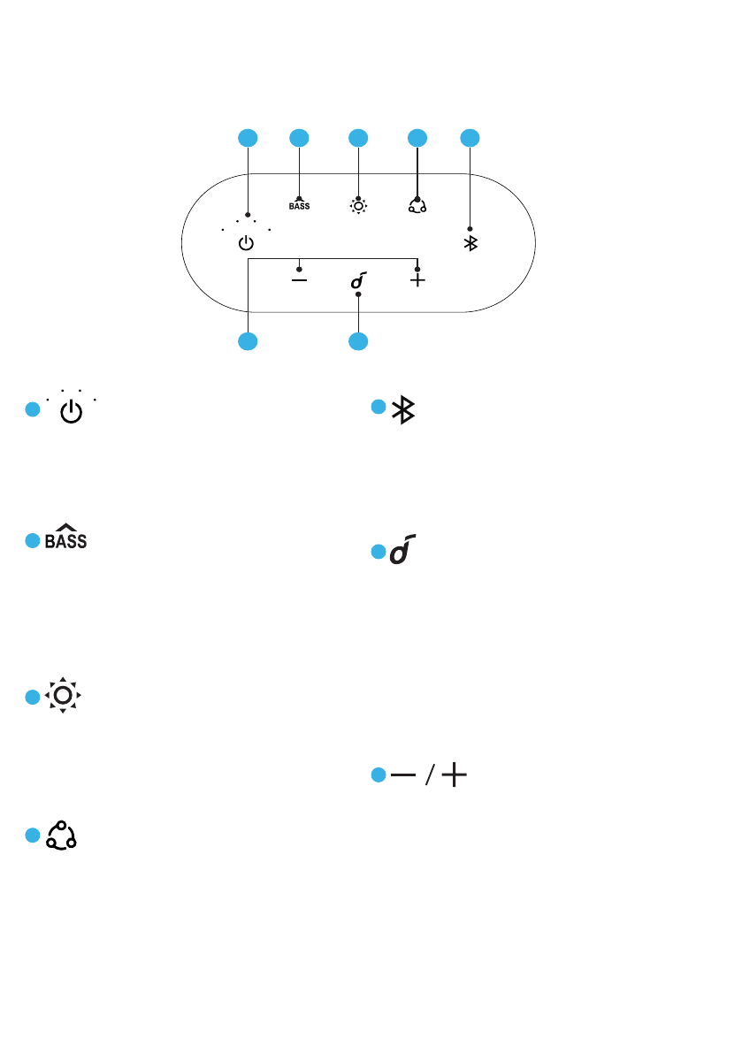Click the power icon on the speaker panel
tap(246, 244)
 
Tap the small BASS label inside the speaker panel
tap(300, 207)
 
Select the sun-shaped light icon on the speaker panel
tap(358, 206)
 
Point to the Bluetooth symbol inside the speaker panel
tap(470, 244)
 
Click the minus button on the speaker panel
tap(300, 279)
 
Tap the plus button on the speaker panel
tap(417, 279)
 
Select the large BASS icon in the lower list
tap(66, 538)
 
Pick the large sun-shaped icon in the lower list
tap(63, 697)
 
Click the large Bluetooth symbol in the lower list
tap(404, 409)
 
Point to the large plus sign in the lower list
tap(455, 775)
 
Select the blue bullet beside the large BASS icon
tap(32, 540)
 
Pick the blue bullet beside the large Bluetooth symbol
tap(378, 407)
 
